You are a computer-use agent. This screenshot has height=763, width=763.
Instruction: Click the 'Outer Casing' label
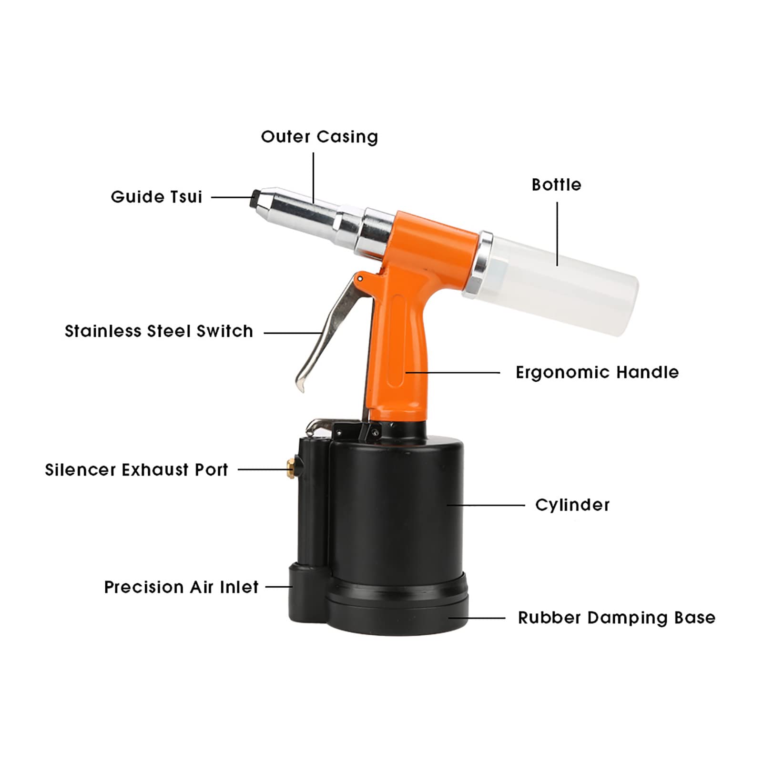pos(319,137)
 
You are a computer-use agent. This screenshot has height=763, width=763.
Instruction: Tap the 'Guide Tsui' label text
pos(156,197)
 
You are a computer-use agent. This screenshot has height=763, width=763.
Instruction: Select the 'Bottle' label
pos(556,185)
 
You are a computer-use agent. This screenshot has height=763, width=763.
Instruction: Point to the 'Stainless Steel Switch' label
pos(159,331)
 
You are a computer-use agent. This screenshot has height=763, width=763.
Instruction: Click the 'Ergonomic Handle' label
pos(597,372)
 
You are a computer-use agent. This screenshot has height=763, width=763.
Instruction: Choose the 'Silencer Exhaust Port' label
pos(136,470)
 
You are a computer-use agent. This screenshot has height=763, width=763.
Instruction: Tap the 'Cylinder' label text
pos(572,505)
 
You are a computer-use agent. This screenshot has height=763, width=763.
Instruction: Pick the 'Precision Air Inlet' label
pos(181,587)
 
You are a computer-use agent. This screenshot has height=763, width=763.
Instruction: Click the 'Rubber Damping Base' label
pos(617,618)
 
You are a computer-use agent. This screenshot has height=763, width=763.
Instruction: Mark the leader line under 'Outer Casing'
pos(314,178)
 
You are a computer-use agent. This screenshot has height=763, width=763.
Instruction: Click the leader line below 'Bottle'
pos(557,234)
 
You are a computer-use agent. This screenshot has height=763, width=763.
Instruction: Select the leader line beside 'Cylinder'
pos(486,505)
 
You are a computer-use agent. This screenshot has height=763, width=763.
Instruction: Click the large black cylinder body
pos(396,510)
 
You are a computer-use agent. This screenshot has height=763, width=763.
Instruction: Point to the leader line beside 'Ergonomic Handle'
pos(453,373)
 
